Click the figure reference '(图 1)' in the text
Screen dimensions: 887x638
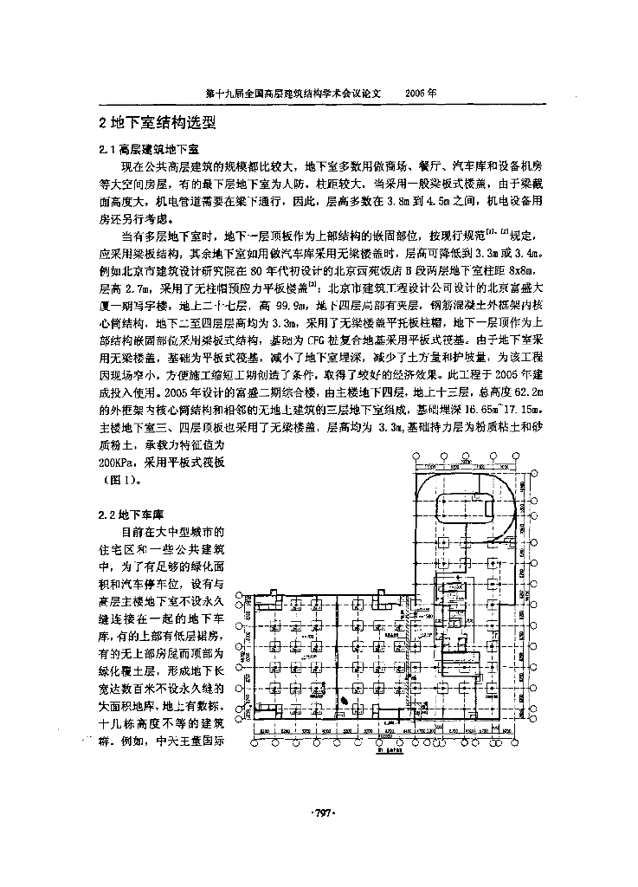click(119, 479)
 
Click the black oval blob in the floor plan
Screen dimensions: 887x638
click(345, 701)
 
